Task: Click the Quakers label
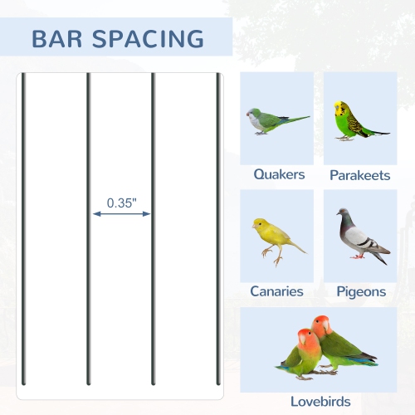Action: pyautogui.click(x=279, y=175)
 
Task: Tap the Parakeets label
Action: pyautogui.click(x=360, y=175)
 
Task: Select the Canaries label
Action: pyautogui.click(x=276, y=292)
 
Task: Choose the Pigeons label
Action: pyautogui.click(x=361, y=292)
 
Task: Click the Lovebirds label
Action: pyautogui.click(x=320, y=402)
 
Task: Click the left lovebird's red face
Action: pyautogui.click(x=304, y=339)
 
